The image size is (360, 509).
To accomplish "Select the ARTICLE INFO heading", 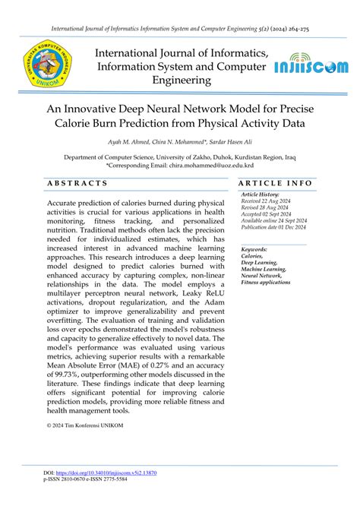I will (276, 183).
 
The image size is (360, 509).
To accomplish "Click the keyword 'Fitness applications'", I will (266, 282).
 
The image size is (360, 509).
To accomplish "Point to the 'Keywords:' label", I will (254, 249).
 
